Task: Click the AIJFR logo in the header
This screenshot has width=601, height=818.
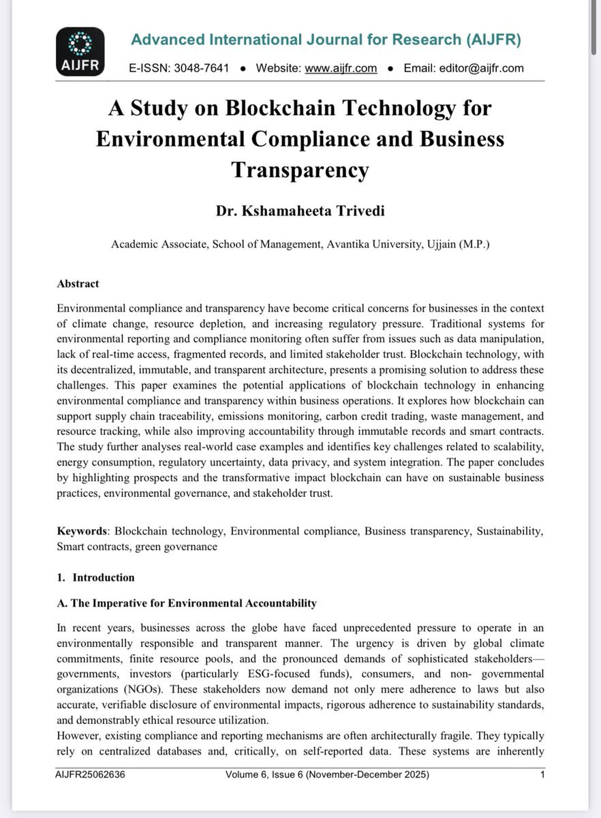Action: point(81,51)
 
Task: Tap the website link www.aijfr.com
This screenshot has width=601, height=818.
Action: point(341,68)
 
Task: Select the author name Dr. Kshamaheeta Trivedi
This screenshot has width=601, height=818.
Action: point(300,211)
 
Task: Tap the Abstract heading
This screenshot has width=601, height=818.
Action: point(78,284)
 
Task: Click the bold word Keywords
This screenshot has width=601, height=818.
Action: point(82,530)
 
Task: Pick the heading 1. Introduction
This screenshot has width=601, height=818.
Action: point(96,577)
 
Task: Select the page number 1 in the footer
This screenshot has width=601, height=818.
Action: point(542,775)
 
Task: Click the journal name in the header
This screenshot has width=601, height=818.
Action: point(326,40)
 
